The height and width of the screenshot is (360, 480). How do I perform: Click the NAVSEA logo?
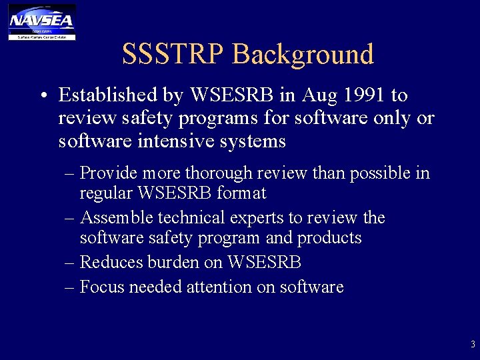[x=41, y=21]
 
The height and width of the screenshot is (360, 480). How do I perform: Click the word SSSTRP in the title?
[x=174, y=54]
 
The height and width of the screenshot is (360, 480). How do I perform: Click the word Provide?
[x=108, y=173]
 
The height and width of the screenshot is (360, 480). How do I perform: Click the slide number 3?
[x=473, y=345]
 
